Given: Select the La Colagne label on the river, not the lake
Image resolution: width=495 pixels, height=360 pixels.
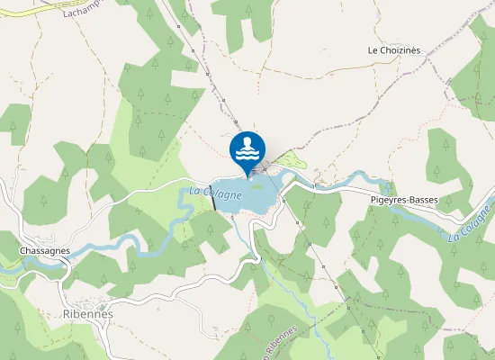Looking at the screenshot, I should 470,225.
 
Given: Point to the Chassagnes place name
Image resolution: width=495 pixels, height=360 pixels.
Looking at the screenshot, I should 44,249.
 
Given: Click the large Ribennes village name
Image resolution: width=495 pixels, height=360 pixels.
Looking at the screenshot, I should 88,313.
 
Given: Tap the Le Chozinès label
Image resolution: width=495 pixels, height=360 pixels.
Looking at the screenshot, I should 394,50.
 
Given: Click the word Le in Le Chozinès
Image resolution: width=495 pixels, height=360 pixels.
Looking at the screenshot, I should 373,50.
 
